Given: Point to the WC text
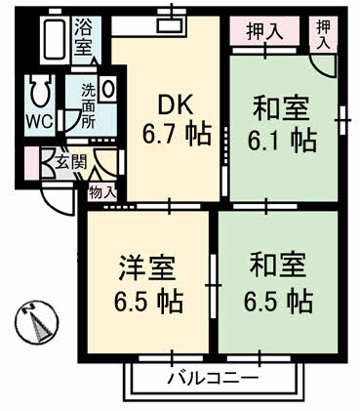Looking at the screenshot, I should click(39, 123).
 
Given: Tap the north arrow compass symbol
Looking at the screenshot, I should click(35, 323).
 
